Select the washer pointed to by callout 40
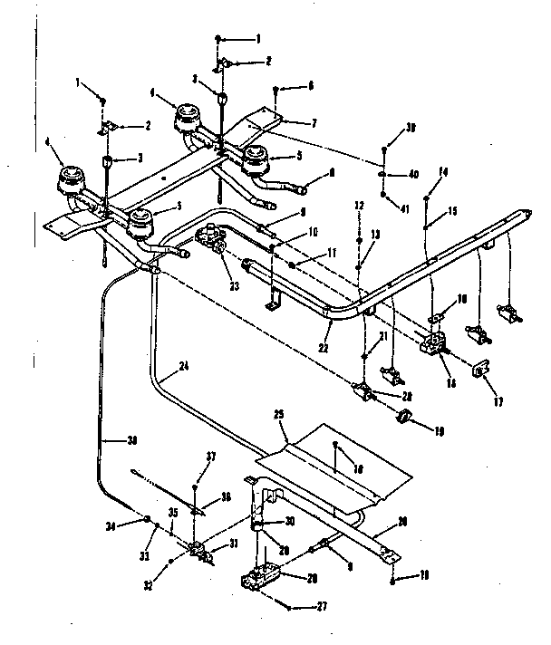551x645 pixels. click(385, 173)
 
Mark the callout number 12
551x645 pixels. click(360, 207)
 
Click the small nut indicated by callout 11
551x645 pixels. click(295, 264)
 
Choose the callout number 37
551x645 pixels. click(212, 456)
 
